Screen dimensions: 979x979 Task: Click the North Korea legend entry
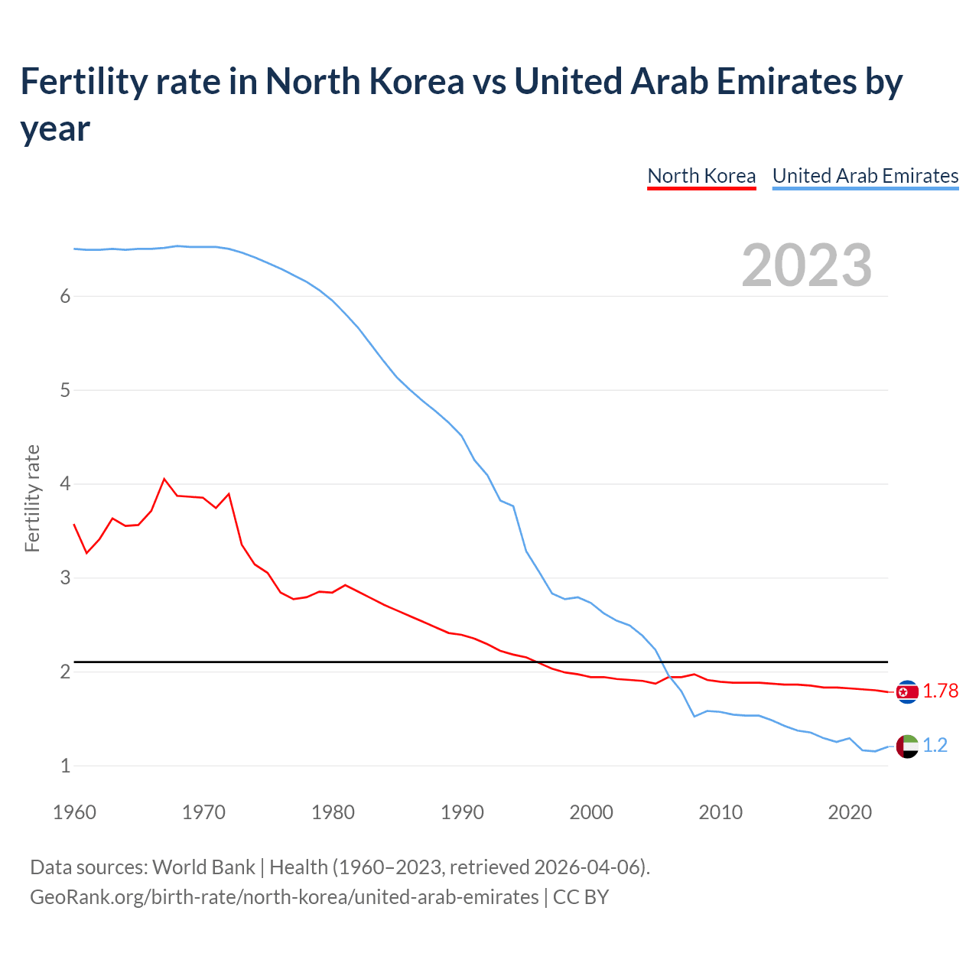(701, 176)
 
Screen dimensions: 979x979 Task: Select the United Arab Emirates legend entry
(865, 176)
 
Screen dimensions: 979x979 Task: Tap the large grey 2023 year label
(807, 265)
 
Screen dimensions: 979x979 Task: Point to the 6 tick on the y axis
(65, 297)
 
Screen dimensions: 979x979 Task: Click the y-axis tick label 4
(65, 484)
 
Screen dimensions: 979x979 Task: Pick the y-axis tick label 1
(65, 766)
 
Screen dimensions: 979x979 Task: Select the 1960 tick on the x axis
(74, 812)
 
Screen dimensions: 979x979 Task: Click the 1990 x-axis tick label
(462, 812)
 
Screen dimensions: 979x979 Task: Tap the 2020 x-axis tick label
(850, 812)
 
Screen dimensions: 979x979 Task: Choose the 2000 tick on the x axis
(591, 812)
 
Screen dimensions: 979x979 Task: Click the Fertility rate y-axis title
(32, 498)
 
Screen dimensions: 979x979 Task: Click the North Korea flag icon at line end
(907, 691)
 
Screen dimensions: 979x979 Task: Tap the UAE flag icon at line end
(907, 746)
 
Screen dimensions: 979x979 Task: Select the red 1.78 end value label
(940, 691)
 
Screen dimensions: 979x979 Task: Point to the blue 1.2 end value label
(935, 746)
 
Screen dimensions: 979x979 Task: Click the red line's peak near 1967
(164, 479)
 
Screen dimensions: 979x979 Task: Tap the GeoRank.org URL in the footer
(284, 897)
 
